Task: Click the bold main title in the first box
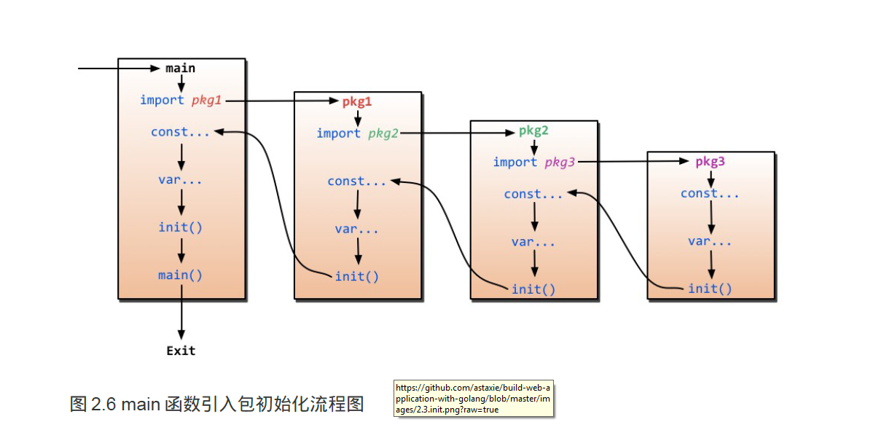[x=180, y=68]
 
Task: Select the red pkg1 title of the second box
[x=357, y=102]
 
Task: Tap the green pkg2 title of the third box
[x=533, y=131]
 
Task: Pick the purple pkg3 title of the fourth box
[x=710, y=162]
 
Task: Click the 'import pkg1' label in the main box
[x=181, y=101]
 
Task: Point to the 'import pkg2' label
[x=357, y=133]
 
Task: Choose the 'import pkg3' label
[x=533, y=163]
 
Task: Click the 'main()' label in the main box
[x=181, y=275]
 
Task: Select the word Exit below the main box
[x=181, y=351]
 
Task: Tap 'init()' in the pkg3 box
[x=710, y=289]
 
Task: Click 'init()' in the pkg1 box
[x=357, y=276]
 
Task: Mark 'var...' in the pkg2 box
[x=533, y=242]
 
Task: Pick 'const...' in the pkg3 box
[x=710, y=194]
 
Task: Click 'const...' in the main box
[x=180, y=132]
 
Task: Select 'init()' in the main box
[x=181, y=227]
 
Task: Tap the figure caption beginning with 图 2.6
[x=216, y=404]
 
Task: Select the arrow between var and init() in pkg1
[x=358, y=252]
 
